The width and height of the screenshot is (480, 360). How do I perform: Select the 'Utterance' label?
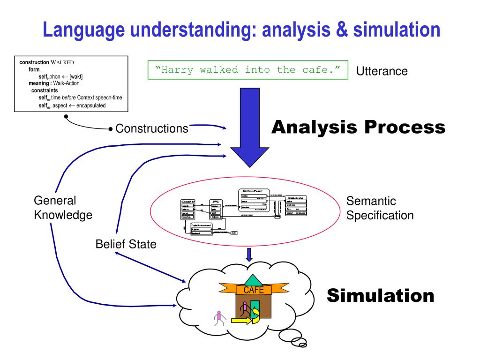(382, 71)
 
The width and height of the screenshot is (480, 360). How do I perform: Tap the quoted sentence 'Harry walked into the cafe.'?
(248, 70)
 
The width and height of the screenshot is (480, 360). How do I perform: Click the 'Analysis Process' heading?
(359, 127)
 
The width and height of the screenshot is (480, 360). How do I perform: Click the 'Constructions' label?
(152, 128)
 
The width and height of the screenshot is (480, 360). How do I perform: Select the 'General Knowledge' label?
(62, 208)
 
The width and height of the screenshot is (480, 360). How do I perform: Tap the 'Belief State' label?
(126, 244)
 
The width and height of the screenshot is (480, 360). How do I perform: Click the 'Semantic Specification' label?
(380, 208)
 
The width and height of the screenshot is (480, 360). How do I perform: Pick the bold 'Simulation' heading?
(380, 296)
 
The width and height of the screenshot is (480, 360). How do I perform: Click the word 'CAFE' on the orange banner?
(254, 290)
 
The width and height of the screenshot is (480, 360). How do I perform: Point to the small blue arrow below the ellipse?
(249, 254)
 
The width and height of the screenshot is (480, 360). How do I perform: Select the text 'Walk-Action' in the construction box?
(66, 83)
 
